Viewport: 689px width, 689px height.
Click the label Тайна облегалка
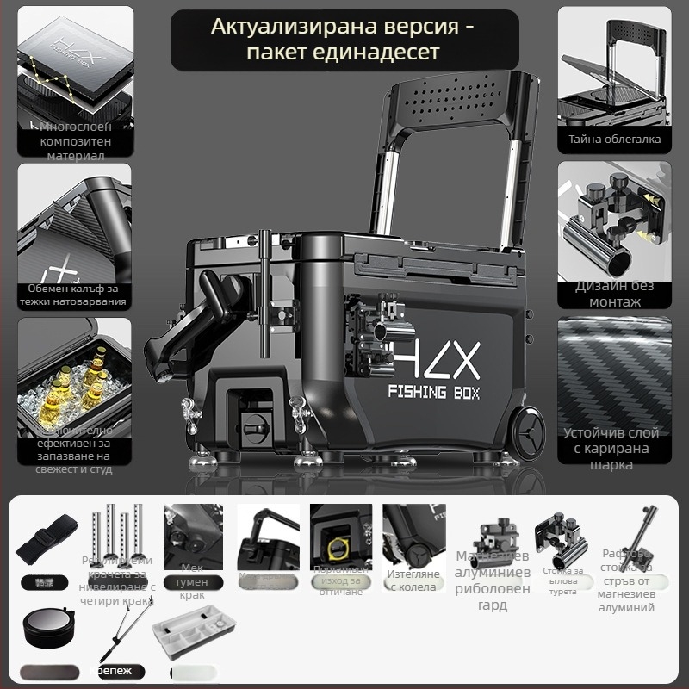tap(614, 139)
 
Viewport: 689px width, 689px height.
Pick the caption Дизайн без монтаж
tap(614, 294)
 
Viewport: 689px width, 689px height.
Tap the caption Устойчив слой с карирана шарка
tap(613, 449)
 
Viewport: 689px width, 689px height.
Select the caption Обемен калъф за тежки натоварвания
tap(75, 295)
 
